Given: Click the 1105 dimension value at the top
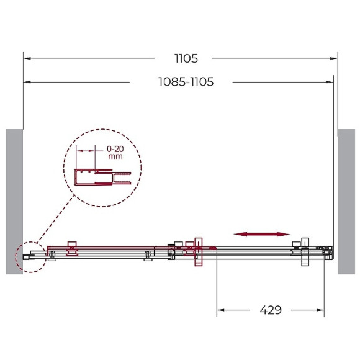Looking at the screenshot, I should [186, 59].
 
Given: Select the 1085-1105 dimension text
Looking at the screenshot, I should [186, 82].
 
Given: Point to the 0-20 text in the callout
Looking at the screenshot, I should [115, 149].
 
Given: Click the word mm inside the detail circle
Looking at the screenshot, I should [115, 157].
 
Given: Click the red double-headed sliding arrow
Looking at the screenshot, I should [262, 234].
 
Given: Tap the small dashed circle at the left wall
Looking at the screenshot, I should [29, 256].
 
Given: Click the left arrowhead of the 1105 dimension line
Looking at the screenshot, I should [26, 59].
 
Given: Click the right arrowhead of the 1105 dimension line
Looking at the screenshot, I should [336, 59].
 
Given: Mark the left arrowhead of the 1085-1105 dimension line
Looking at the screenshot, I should [26, 82].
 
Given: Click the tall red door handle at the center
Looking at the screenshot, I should [199, 251].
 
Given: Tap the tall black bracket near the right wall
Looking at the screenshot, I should [305, 251].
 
